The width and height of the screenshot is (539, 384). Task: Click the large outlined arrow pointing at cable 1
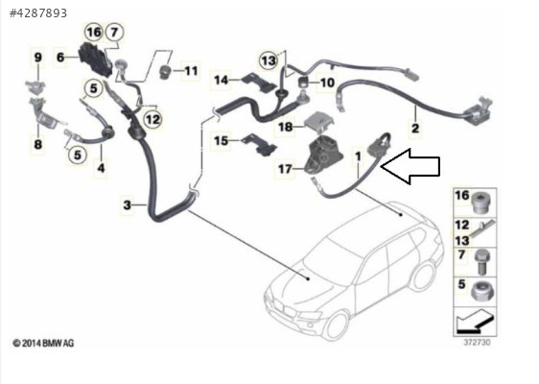[410, 166]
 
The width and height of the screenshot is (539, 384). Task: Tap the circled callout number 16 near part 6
[93, 33]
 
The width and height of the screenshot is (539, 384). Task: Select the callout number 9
[37, 57]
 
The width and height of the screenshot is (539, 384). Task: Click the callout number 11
[191, 71]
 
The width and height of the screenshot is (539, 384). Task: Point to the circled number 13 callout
[269, 60]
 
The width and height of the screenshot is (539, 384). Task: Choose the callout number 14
[221, 81]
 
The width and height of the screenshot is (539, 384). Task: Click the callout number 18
[285, 127]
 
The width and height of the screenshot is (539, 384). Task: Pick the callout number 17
[285, 169]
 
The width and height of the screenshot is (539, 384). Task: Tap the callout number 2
[415, 129]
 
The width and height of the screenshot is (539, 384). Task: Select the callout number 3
[128, 205]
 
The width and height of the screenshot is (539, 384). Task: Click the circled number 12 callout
[152, 119]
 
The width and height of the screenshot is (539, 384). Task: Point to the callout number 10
[327, 83]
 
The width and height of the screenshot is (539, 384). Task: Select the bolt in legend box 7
[480, 262]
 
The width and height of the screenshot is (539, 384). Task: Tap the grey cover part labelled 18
[320, 122]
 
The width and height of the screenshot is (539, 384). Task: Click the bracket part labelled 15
[260, 145]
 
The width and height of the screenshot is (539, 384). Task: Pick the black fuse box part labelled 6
[96, 60]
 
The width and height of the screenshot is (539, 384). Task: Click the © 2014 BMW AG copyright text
[43, 343]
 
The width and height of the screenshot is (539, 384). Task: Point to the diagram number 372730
[477, 343]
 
